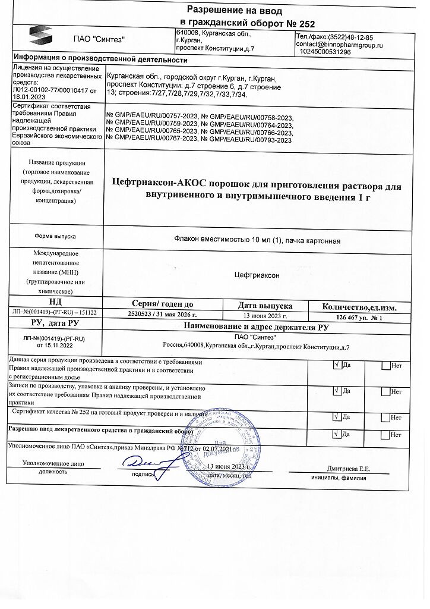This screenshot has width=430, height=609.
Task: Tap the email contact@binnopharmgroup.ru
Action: pyautogui.click(x=339, y=45)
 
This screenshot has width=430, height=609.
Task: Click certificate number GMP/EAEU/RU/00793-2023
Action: pyautogui.click(x=251, y=140)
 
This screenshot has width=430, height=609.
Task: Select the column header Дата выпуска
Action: pyautogui.click(x=265, y=305)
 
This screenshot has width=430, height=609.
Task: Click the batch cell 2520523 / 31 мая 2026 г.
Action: pyautogui.click(x=162, y=315)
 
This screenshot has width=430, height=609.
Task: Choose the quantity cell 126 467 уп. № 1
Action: pyautogui.click(x=360, y=317)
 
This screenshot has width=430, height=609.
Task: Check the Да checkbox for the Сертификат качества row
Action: pyautogui.click(x=337, y=418)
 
